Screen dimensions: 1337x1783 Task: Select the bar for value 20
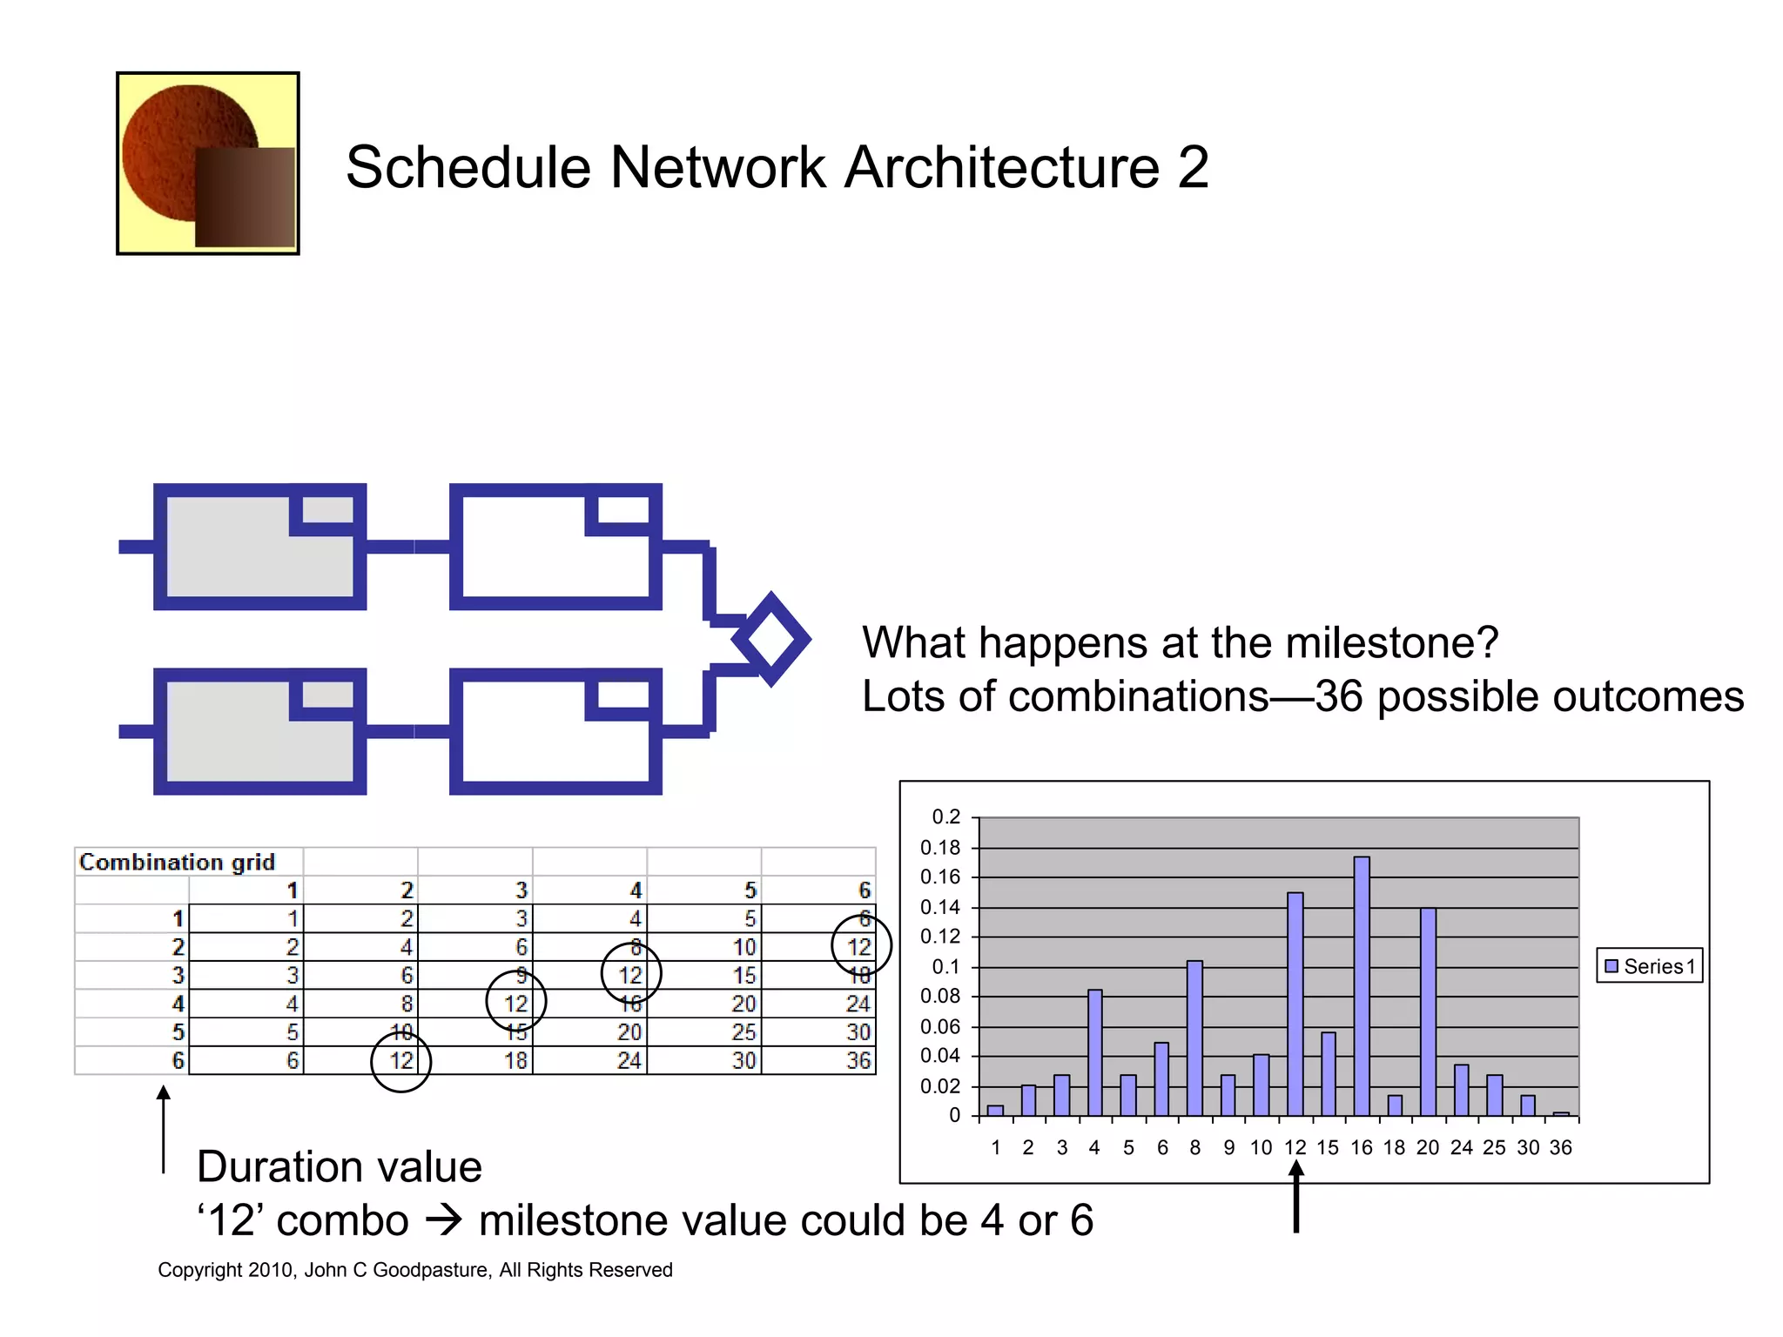[x=1428, y=1011]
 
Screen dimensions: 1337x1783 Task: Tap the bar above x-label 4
[x=1094, y=1052]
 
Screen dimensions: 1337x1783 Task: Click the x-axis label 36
[x=1560, y=1147]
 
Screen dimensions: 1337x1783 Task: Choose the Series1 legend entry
[x=1650, y=966]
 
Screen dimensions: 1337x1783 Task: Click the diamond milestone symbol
[x=771, y=640]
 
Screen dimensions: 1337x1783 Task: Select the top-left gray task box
[x=259, y=547]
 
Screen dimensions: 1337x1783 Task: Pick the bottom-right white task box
[x=555, y=731]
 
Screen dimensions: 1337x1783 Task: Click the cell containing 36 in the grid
[x=858, y=1060]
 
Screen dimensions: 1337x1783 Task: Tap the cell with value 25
[x=743, y=1032]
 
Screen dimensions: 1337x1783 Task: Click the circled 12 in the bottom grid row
[x=401, y=1060]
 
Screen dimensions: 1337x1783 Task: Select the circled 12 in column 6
[x=860, y=947]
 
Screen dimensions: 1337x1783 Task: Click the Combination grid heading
[x=177, y=862]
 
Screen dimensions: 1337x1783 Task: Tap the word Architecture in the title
[x=1002, y=167]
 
